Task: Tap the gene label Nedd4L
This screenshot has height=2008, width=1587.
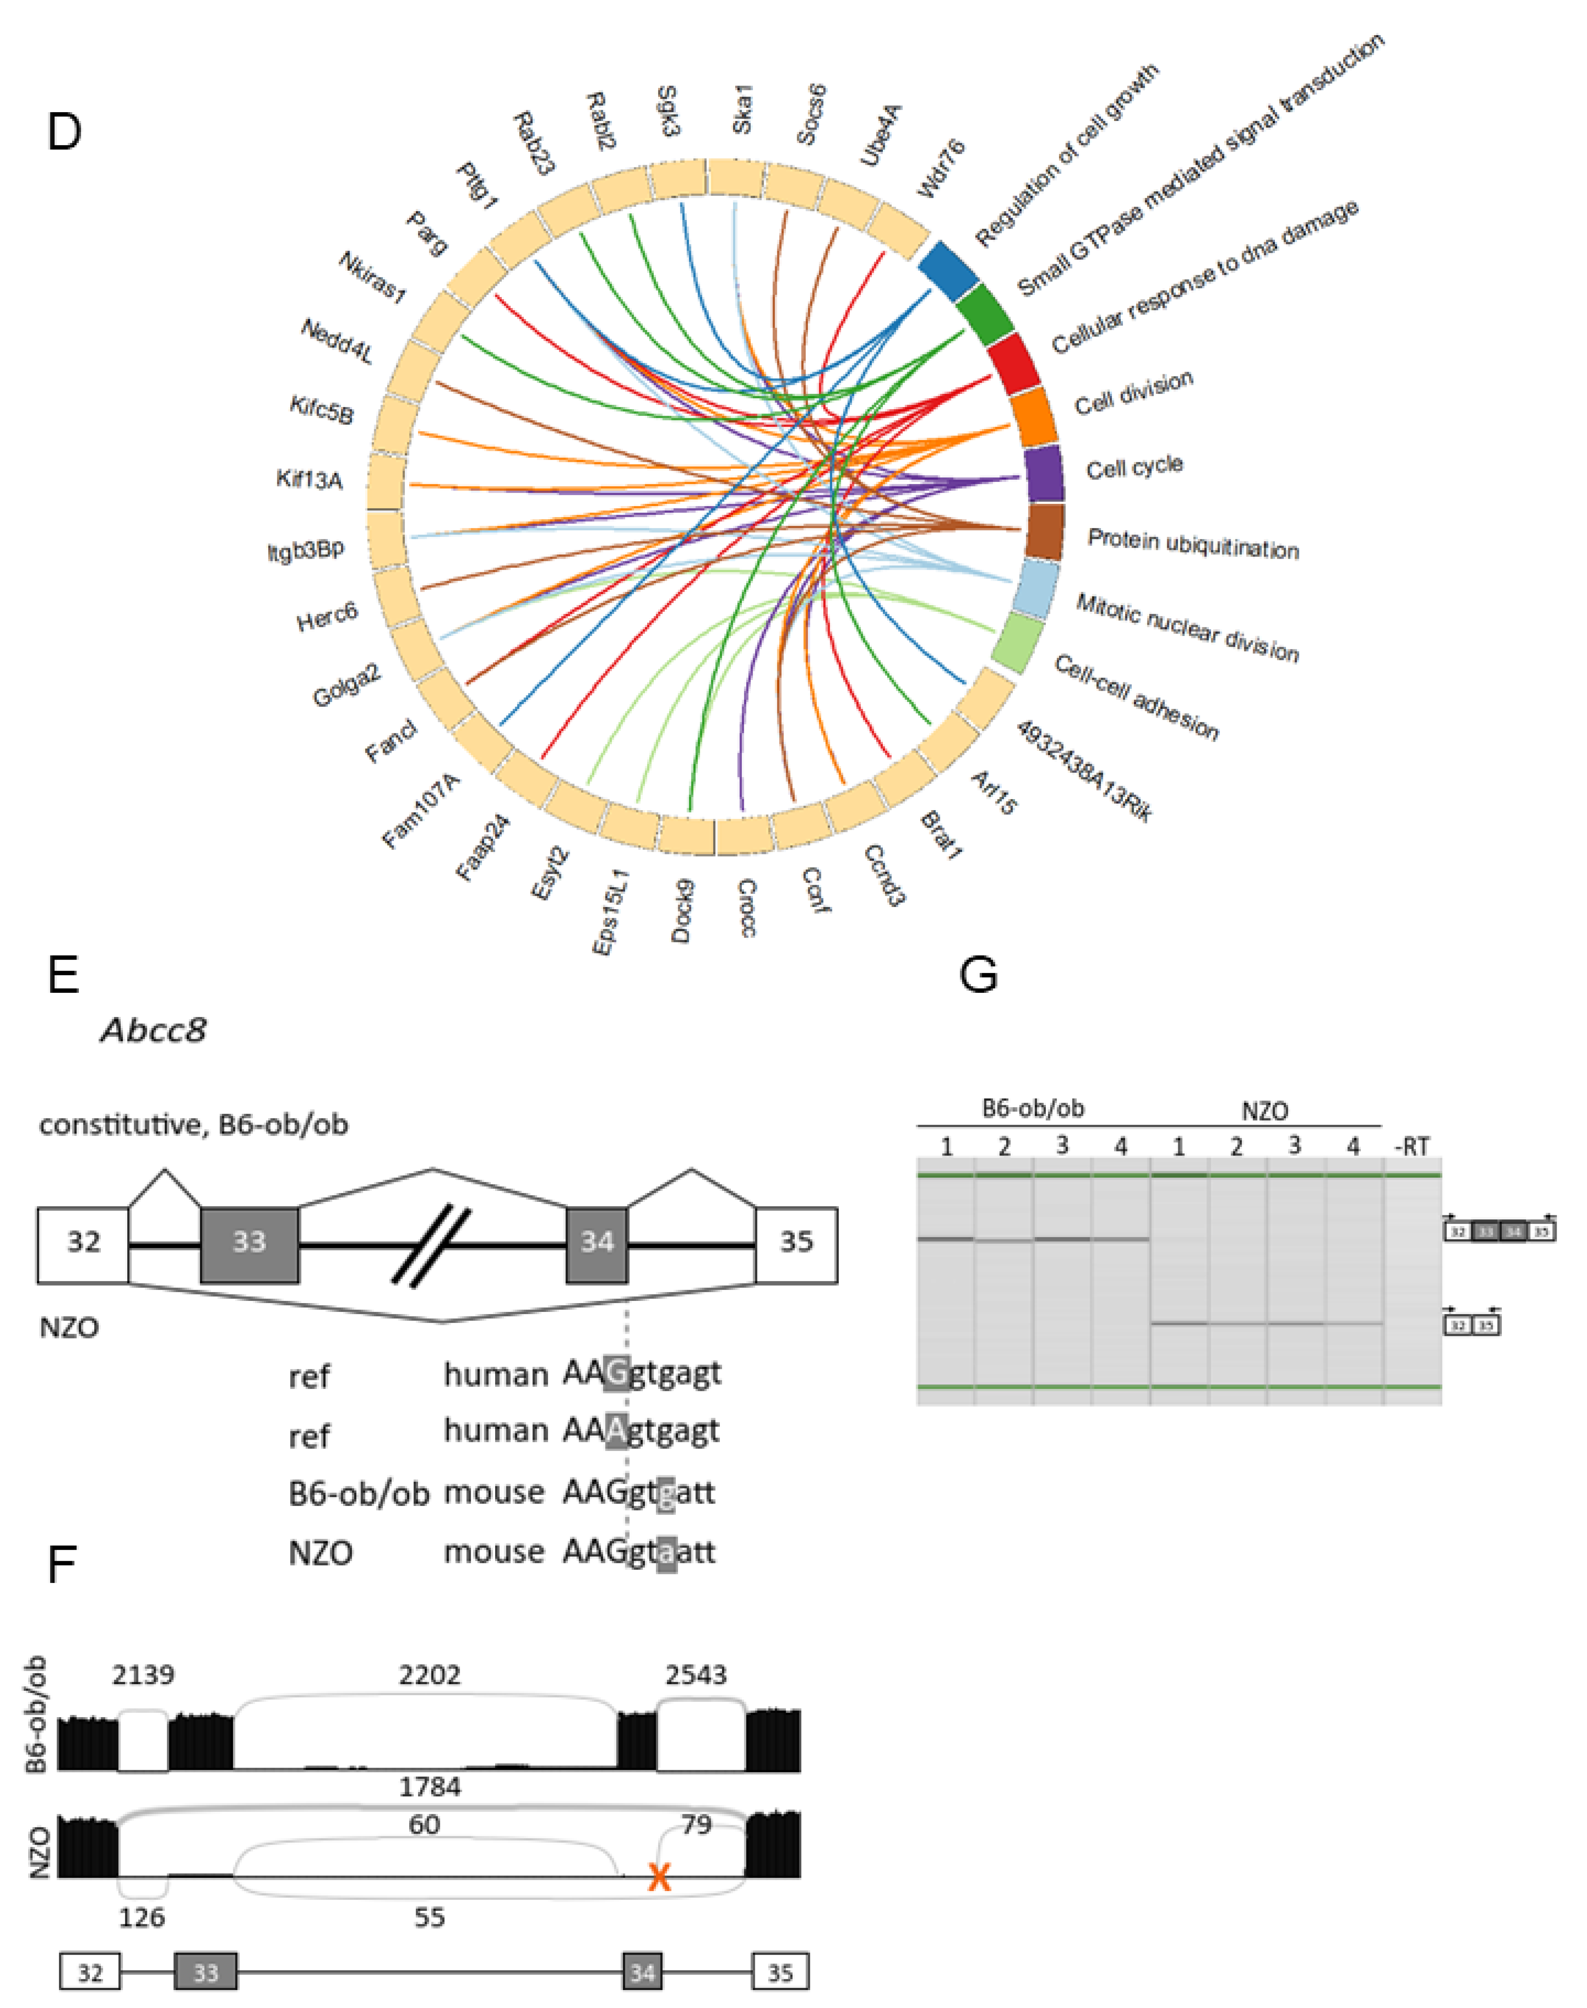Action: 336,341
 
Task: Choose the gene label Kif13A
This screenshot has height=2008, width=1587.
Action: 310,479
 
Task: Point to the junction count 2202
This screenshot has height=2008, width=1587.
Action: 429,1674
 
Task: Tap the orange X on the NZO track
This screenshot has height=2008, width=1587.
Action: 659,1878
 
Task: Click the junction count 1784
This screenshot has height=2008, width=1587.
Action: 429,1786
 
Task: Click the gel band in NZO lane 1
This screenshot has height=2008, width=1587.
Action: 1179,1323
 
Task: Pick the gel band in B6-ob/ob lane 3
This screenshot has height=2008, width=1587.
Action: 1062,1239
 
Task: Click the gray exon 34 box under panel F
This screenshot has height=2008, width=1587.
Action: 642,1972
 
